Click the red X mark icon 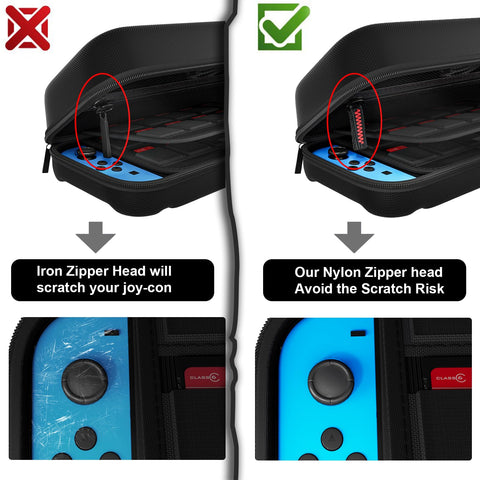(x=28, y=28)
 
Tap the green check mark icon (x=283, y=27)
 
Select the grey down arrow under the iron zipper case (x=96, y=237)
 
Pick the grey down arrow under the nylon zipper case (x=354, y=237)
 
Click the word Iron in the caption (x=49, y=271)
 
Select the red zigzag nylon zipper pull (x=357, y=127)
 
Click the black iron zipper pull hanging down (x=105, y=132)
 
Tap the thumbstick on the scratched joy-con (x=85, y=382)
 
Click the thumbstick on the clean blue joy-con (x=331, y=382)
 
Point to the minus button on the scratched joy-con (x=112, y=332)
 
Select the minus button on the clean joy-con (x=358, y=333)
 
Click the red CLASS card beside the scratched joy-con (x=205, y=378)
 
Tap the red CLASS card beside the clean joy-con (x=451, y=378)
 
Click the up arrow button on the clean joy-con (x=332, y=439)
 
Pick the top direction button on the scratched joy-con (x=86, y=439)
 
